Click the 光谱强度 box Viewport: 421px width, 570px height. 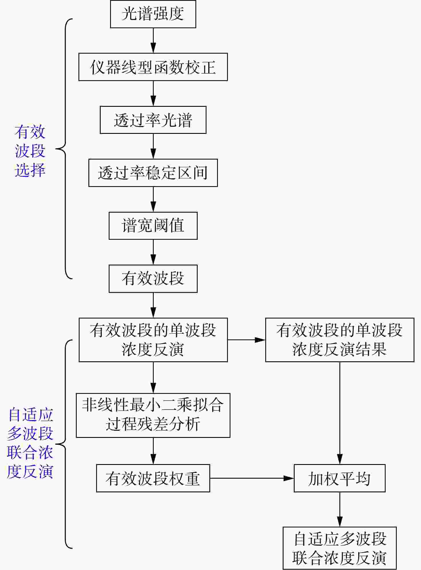click(x=153, y=14)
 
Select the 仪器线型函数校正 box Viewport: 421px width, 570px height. click(x=153, y=67)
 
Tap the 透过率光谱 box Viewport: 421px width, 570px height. click(x=153, y=120)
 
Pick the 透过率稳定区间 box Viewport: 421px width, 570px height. click(x=153, y=173)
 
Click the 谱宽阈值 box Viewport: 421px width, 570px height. click(x=153, y=226)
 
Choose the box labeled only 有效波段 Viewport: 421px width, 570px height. click(x=153, y=279)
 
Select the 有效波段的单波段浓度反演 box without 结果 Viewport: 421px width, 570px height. click(x=153, y=340)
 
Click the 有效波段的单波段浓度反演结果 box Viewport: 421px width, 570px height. click(x=340, y=340)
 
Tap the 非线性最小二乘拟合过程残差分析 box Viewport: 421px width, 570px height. click(x=153, y=415)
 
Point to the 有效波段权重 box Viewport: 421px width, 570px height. click(x=153, y=478)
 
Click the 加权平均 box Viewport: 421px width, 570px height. click(x=340, y=478)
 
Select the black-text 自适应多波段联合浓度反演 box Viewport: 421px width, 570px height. click(x=340, y=548)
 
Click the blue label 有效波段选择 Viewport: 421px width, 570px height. click(x=30, y=151)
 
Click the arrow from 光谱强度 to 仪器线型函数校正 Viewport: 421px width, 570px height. click(x=153, y=41)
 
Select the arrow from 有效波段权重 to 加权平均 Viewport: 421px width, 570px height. click(x=252, y=478)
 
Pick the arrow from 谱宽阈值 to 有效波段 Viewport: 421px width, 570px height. click(x=153, y=252)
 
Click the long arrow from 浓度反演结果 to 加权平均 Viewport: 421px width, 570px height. click(x=340, y=413)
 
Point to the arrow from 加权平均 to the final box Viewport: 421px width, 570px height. click(x=340, y=509)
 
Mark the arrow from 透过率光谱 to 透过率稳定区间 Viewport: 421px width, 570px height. click(x=153, y=146)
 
